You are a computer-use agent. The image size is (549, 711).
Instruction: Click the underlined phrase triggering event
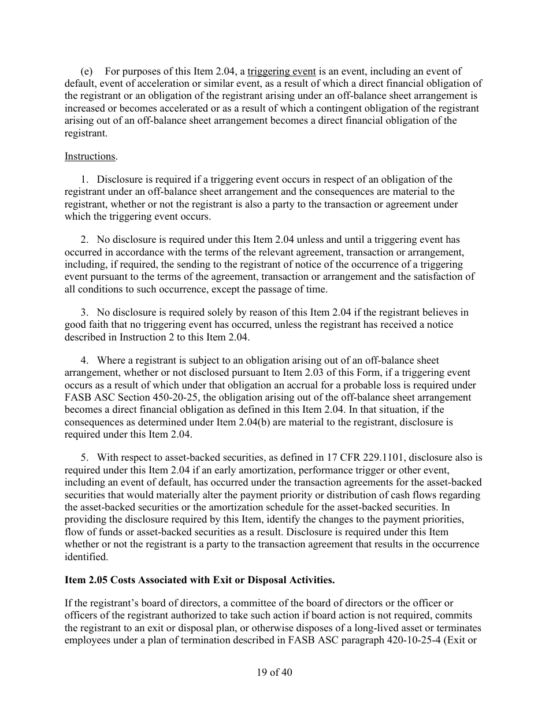(281, 72)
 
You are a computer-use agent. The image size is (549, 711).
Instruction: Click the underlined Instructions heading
(90, 156)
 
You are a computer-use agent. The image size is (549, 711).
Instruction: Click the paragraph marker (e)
(87, 72)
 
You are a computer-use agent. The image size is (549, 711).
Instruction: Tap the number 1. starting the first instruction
(84, 180)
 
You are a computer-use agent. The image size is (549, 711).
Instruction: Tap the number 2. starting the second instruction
(84, 239)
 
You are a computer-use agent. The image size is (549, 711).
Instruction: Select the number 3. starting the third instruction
(84, 312)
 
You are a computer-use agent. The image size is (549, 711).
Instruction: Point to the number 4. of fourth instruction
(84, 361)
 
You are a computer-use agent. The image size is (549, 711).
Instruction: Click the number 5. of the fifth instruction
(84, 457)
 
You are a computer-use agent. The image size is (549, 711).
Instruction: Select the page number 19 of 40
(274, 672)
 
